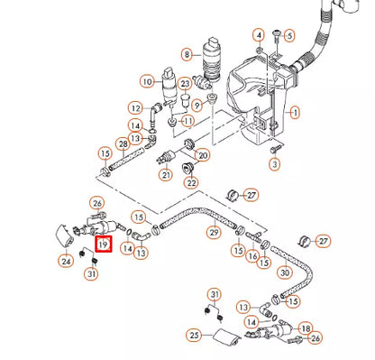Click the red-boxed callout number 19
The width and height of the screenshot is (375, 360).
(103, 245)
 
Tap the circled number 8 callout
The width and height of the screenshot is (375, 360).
(187, 54)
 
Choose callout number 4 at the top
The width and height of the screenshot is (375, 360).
(259, 35)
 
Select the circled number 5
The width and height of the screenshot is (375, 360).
(289, 36)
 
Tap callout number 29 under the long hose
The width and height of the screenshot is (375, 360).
(213, 233)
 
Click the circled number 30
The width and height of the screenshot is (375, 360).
(285, 272)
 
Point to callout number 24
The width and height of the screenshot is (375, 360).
(66, 262)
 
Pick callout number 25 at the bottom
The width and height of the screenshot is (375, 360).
(192, 336)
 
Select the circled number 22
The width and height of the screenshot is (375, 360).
(191, 182)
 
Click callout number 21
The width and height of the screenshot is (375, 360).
(166, 174)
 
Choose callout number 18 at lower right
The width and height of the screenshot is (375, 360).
(306, 328)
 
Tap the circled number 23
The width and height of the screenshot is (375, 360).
(185, 84)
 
